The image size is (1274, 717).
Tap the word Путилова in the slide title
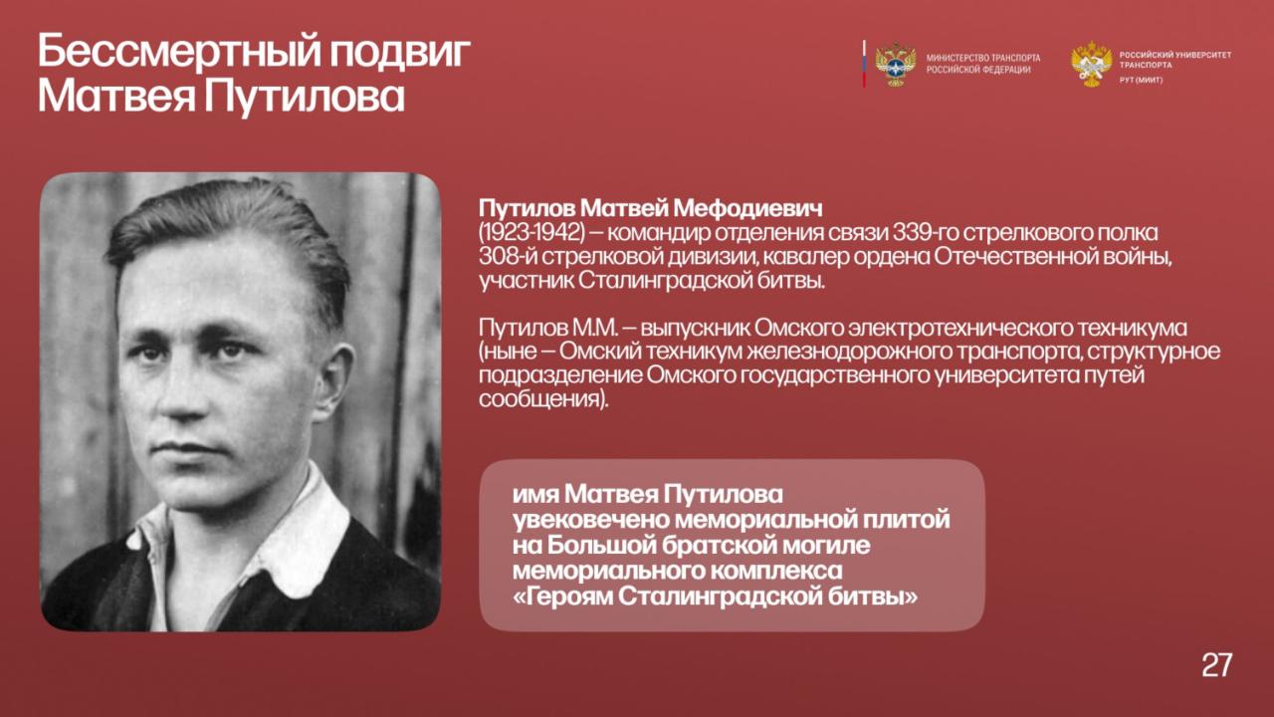[x=305, y=97]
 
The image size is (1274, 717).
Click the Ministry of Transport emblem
[x=896, y=64]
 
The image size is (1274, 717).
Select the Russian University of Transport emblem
[x=1092, y=64]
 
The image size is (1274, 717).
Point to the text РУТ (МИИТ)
[x=1141, y=81]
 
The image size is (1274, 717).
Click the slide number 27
[x=1216, y=664]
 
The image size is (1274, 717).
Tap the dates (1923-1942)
[x=531, y=233]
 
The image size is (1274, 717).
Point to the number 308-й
[x=507, y=257]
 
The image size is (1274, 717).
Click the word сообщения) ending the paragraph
[x=543, y=399]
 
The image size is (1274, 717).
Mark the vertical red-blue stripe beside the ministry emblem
[x=864, y=64]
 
